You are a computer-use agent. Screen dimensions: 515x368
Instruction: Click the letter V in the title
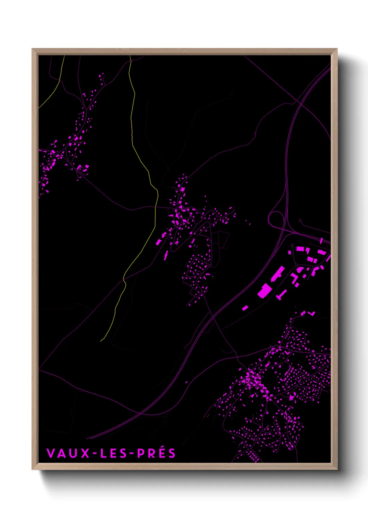50,453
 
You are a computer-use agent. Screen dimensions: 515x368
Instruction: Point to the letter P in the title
141,453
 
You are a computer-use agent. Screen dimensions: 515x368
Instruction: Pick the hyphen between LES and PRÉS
131,453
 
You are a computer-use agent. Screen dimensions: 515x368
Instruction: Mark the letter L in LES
103,453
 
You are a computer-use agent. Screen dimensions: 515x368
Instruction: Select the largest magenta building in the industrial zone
265,291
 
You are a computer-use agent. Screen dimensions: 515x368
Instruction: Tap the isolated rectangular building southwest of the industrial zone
245,308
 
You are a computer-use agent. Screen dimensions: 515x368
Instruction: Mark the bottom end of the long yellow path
101,341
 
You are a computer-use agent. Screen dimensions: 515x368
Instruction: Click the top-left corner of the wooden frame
32,49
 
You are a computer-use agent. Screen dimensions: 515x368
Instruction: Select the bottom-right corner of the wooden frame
337,469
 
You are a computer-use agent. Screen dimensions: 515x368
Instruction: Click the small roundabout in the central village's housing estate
210,266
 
